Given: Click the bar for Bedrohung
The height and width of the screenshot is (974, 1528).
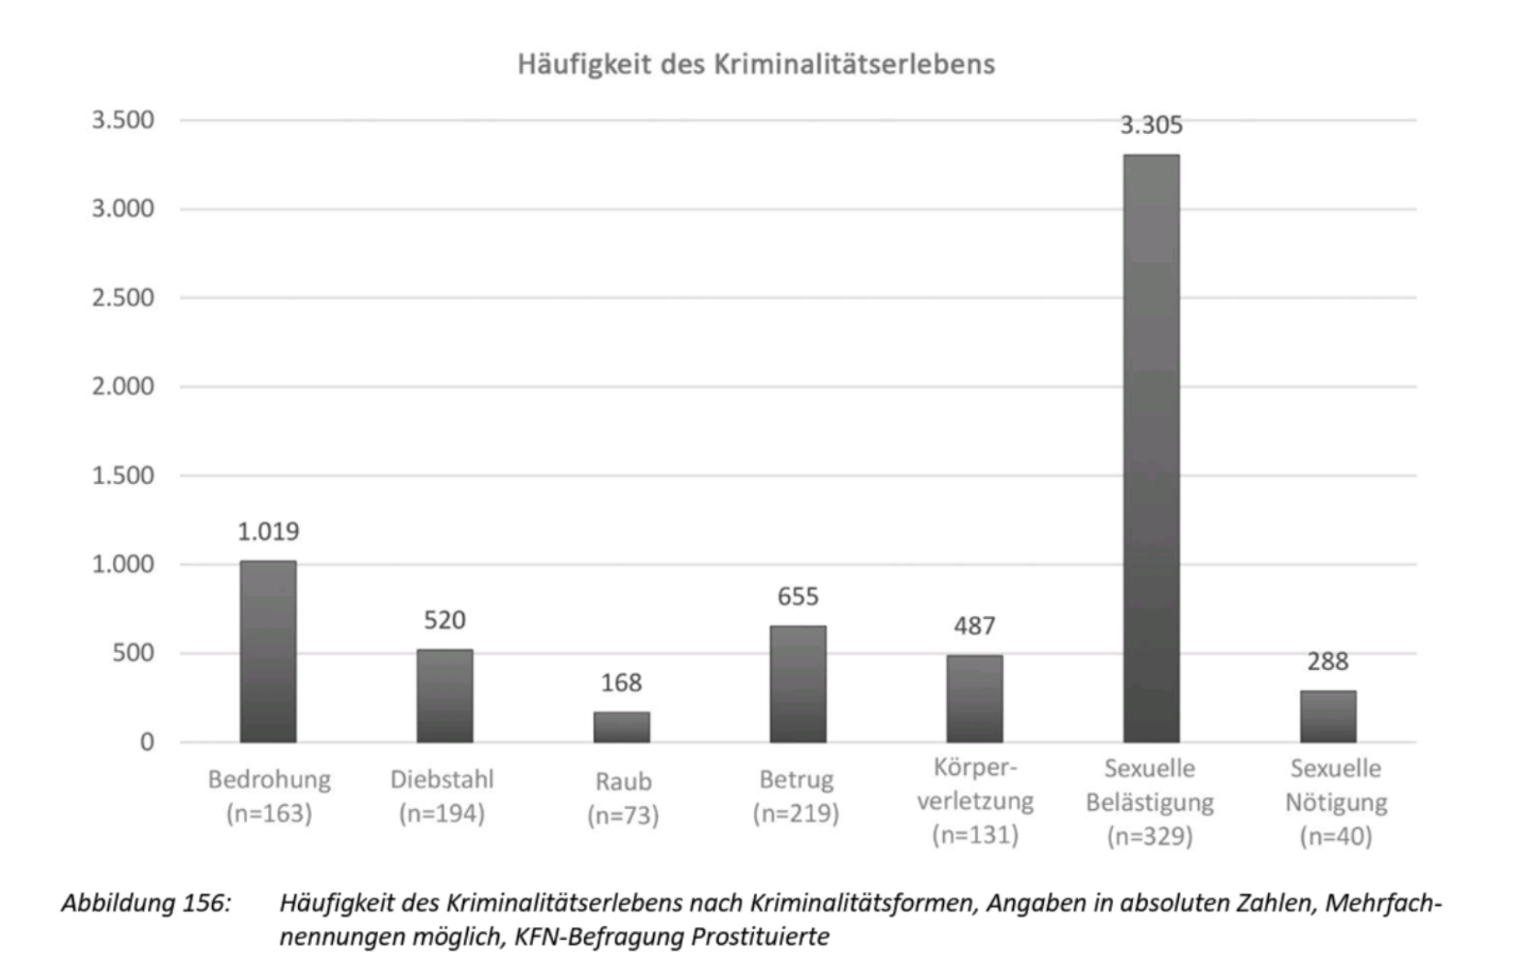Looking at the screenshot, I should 268,651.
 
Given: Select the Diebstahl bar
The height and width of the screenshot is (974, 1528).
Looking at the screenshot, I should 444,695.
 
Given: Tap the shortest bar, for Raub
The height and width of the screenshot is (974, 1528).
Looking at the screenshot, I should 621,727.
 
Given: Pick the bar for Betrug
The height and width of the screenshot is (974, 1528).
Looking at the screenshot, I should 798,683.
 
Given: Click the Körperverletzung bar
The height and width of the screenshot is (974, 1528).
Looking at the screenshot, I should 974,699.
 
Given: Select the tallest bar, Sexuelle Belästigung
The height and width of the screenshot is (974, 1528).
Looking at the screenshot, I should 1151,448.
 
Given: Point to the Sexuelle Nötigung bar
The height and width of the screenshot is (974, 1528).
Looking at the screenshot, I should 1327,716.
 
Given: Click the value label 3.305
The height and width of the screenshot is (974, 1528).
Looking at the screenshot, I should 1151,125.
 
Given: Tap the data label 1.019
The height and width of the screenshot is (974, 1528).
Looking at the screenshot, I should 268,531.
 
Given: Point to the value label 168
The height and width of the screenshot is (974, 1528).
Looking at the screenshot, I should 621,682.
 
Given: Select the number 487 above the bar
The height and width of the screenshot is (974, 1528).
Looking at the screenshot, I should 974,626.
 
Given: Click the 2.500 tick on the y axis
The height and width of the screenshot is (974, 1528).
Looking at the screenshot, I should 123,297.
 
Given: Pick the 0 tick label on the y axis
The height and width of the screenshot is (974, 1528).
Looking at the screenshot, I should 146,742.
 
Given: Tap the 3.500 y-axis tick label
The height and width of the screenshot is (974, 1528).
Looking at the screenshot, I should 123,120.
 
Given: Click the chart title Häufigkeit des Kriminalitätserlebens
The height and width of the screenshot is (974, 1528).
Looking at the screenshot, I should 755,64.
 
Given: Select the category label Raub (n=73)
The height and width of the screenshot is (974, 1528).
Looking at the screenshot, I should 623,798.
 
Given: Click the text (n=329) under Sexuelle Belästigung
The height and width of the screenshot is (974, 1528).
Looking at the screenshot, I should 1149,836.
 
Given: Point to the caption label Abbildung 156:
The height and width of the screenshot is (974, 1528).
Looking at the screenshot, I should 146,903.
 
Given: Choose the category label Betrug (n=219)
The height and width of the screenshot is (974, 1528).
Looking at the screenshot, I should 796,796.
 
